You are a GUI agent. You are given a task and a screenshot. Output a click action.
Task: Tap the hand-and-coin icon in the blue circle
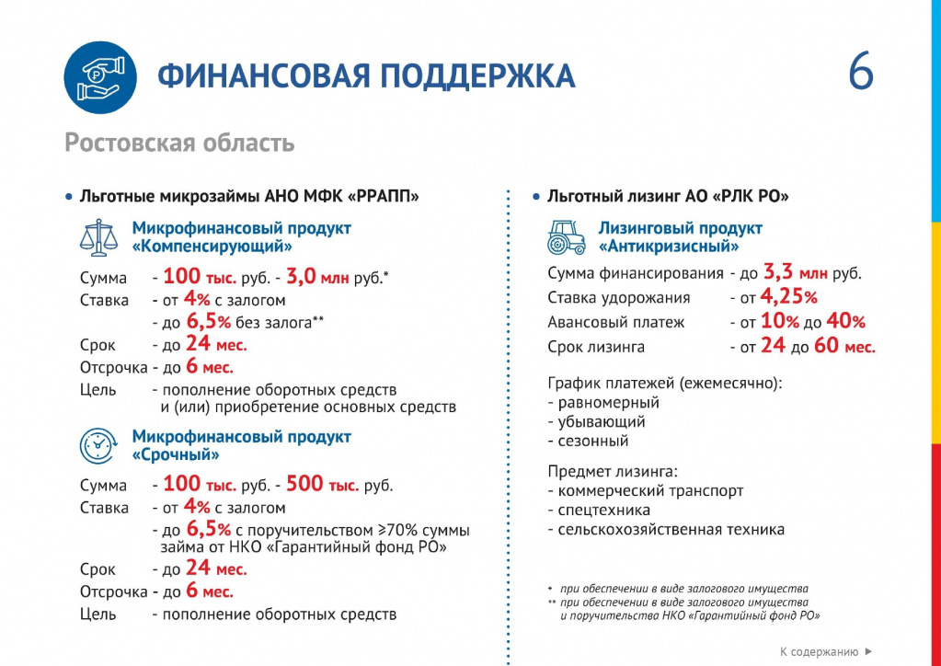point(99,76)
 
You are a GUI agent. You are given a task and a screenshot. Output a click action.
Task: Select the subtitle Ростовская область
point(179,144)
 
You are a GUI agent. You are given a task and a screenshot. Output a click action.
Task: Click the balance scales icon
point(98,237)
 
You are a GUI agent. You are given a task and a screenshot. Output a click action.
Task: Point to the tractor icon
point(566,237)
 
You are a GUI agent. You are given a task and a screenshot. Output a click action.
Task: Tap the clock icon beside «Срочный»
point(98,445)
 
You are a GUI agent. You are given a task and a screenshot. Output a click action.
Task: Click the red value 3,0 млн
point(317,277)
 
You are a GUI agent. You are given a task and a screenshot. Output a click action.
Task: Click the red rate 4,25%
point(788,297)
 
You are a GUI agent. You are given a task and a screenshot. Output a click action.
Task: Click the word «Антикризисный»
point(669,247)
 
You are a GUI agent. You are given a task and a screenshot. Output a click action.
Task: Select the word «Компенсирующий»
point(212,247)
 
